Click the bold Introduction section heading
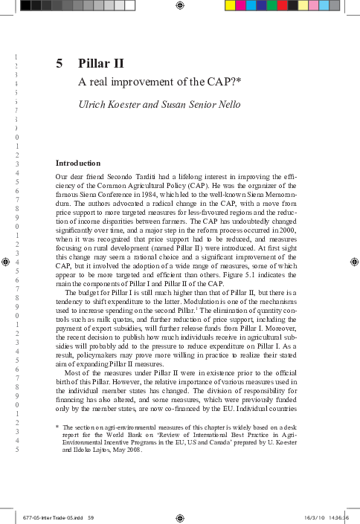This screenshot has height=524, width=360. point(78,163)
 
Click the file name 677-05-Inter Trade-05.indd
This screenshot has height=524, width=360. point(52,517)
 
